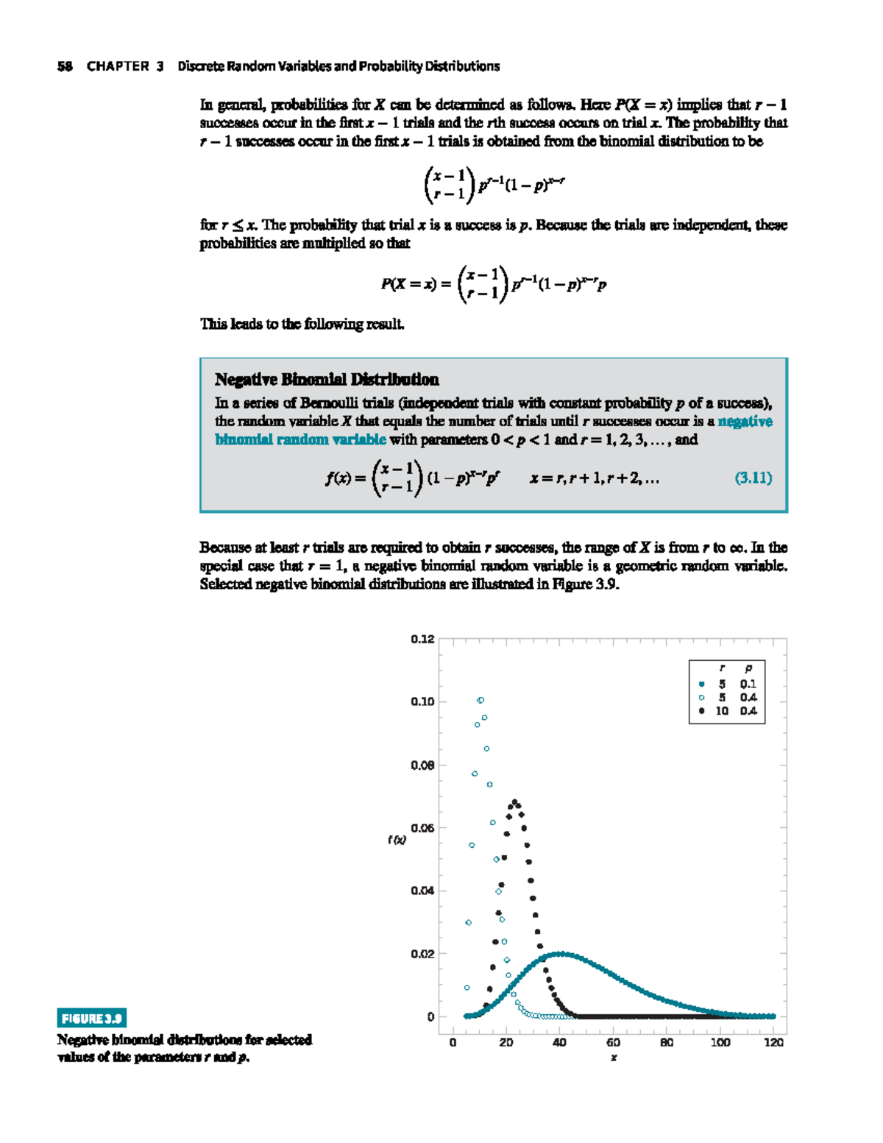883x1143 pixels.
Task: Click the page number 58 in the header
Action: pyautogui.click(x=65, y=66)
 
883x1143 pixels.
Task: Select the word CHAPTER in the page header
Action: pyautogui.click(x=118, y=66)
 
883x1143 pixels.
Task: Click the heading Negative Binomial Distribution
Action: pyautogui.click(x=327, y=380)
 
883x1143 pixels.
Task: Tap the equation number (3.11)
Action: pyautogui.click(x=753, y=478)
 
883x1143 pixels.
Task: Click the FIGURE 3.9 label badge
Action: pyautogui.click(x=92, y=1018)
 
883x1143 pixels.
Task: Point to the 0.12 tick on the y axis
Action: pyautogui.click(x=422, y=639)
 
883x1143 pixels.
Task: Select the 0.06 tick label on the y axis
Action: pyautogui.click(x=422, y=828)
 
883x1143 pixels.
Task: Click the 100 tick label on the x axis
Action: pyautogui.click(x=720, y=1042)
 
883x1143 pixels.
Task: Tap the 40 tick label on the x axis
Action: pyautogui.click(x=559, y=1042)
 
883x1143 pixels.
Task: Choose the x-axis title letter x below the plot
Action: pyautogui.click(x=614, y=1058)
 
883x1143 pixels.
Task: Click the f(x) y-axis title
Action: pyautogui.click(x=397, y=840)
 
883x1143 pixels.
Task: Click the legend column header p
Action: pyautogui.click(x=748, y=668)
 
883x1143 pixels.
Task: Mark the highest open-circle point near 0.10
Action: pyautogui.click(x=480, y=700)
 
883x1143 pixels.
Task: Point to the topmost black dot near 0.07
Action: pyautogui.click(x=514, y=802)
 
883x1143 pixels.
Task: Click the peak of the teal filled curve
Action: pyautogui.click(x=561, y=954)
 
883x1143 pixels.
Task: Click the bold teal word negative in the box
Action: pyautogui.click(x=745, y=422)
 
